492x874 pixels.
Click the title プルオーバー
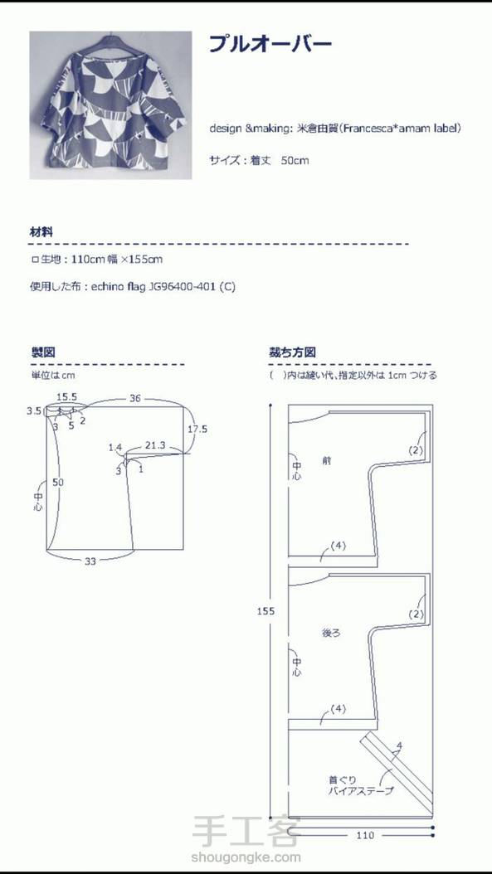pos(270,45)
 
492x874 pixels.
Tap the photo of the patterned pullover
pos(110,105)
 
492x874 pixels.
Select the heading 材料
pos(41,232)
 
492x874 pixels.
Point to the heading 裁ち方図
pos(292,352)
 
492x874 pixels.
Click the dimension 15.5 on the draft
pos(67,397)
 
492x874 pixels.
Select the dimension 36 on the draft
pos(135,399)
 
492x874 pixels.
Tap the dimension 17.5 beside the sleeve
pos(197,430)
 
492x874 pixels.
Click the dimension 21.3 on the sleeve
pos(154,444)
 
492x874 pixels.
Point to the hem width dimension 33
pos(90,561)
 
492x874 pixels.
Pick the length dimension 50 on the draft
pos(57,482)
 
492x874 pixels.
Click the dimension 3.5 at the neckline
pos(34,411)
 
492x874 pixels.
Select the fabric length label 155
pos(265,611)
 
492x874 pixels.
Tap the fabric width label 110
pos(365,835)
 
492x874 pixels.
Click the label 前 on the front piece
pos(326,460)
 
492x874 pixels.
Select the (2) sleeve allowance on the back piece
pos(416,614)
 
